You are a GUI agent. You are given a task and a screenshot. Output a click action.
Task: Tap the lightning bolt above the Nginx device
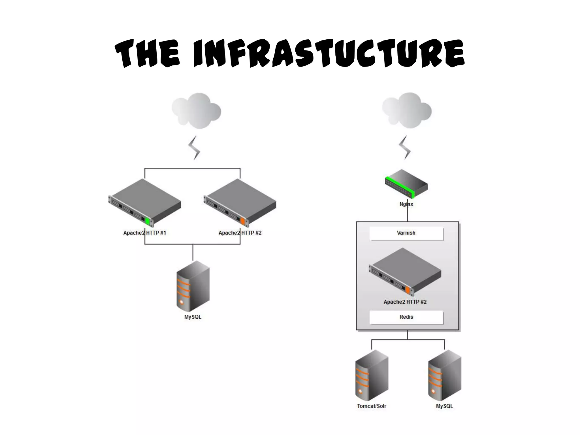[x=405, y=147]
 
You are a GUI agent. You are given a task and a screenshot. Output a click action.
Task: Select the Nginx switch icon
[x=407, y=184]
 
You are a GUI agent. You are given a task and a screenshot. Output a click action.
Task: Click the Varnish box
[x=406, y=233]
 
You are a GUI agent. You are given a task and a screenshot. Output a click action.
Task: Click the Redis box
[x=406, y=317]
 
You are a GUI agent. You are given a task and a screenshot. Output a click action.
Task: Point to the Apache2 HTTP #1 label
[x=144, y=233]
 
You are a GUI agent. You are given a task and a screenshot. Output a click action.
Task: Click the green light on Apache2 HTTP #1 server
[x=147, y=221]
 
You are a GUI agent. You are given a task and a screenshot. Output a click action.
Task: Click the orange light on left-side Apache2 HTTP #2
[x=242, y=221]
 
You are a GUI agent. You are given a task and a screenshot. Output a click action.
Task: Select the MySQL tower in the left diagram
[x=193, y=286]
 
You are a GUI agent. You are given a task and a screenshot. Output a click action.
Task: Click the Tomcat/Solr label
[x=372, y=406]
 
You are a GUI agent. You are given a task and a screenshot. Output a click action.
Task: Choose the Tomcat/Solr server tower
[x=372, y=375]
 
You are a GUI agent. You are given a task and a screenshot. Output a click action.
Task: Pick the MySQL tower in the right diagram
[x=445, y=375]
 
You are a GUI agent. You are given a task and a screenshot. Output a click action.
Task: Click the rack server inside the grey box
[x=405, y=272]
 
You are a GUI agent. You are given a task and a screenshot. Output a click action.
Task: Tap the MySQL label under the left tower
[x=193, y=317]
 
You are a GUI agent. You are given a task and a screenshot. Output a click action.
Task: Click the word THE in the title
[x=147, y=54]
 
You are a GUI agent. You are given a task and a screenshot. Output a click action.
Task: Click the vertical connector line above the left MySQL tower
[x=193, y=252]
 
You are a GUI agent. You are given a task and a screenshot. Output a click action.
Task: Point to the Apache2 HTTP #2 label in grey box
[x=405, y=302]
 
